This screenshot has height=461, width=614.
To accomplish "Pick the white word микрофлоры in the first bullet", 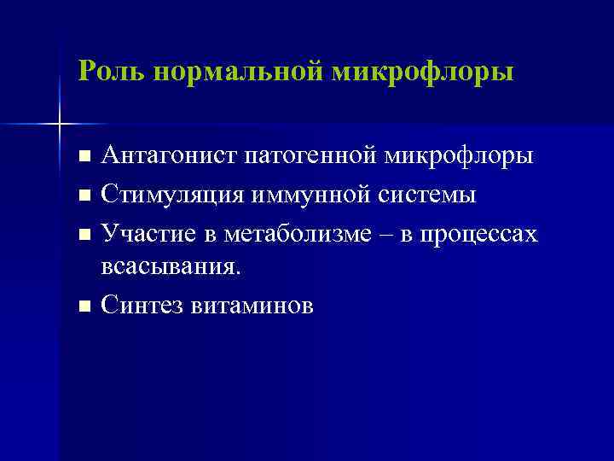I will click(x=460, y=157).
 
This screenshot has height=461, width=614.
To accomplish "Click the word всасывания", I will click(x=171, y=267).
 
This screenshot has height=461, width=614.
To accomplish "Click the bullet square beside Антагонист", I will click(x=83, y=158).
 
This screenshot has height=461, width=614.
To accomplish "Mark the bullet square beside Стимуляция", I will click(x=83, y=195).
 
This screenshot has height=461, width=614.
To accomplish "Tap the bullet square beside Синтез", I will click(x=83, y=306).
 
